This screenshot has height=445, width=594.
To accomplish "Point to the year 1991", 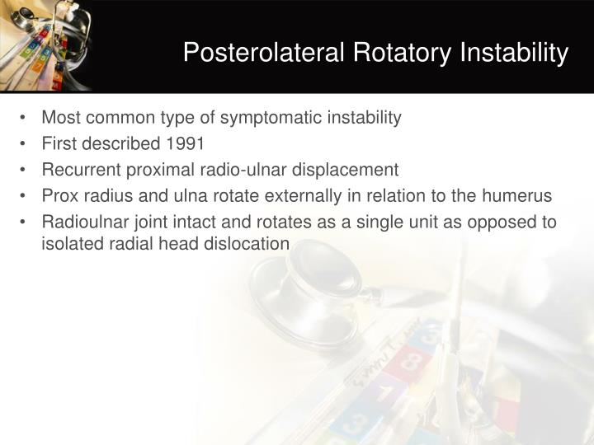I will pos(186,143).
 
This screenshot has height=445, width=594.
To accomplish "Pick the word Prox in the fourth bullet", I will pos(59,196).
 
